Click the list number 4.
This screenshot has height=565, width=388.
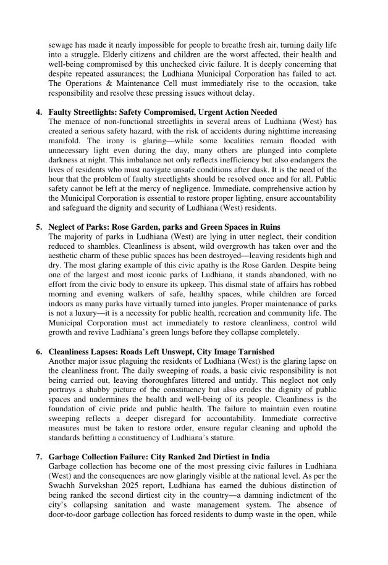(38, 112)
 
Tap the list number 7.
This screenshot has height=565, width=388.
(38, 456)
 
